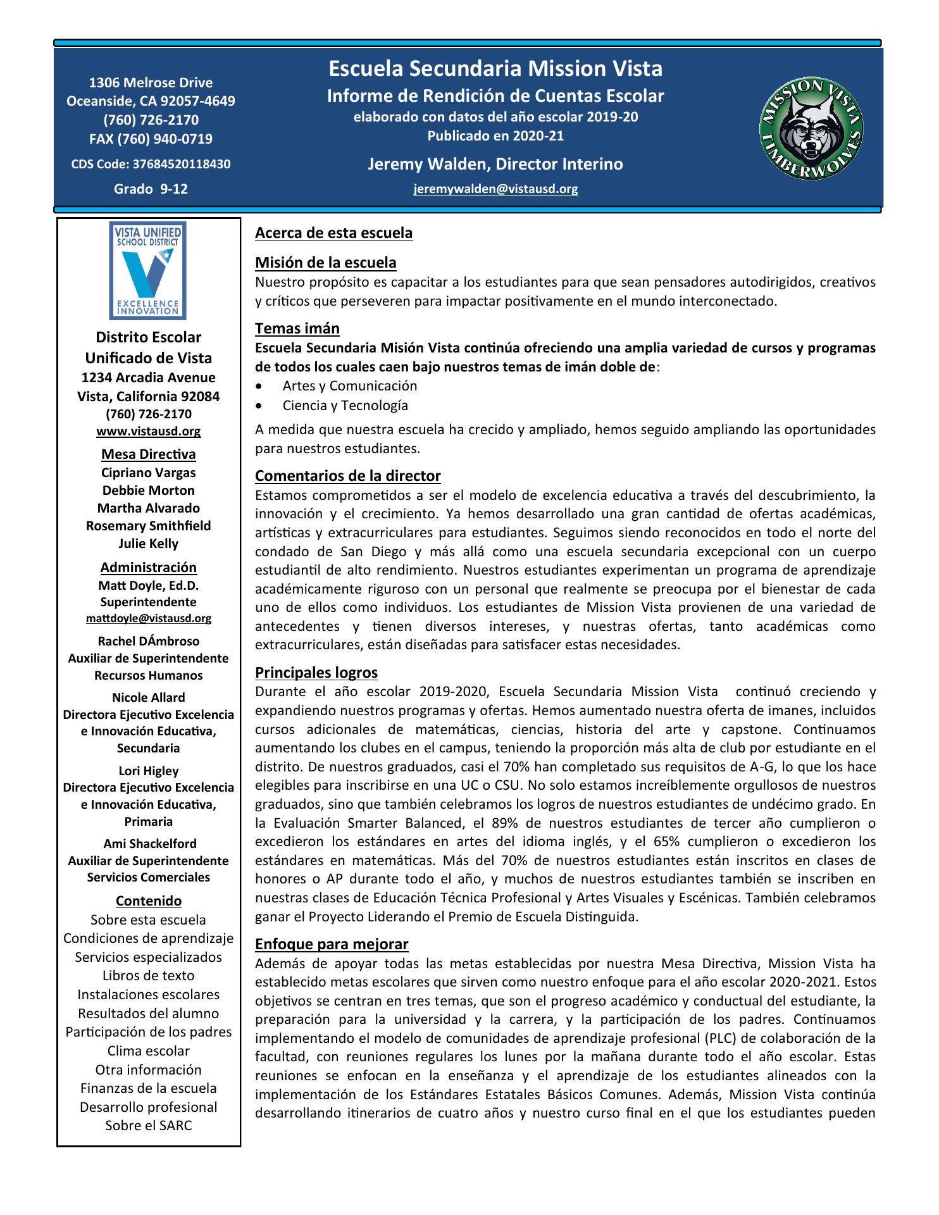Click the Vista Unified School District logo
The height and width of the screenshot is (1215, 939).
click(148, 270)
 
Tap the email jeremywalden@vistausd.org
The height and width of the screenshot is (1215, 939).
click(495, 189)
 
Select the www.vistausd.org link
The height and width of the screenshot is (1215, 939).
click(148, 432)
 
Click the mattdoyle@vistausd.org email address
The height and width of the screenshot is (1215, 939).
click(148, 618)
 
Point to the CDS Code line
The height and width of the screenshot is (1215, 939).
click(151, 165)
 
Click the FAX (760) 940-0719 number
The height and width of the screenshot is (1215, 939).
click(151, 139)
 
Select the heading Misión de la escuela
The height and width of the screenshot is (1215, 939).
click(325, 263)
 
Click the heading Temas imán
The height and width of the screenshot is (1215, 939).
click(297, 328)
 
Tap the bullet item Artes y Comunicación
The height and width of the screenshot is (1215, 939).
click(349, 386)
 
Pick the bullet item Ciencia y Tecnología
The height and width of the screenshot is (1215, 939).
click(345, 406)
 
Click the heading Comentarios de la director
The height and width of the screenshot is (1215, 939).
click(347, 476)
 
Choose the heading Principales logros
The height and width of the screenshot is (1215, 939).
click(316, 673)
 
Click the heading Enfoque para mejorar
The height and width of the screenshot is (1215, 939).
click(332, 945)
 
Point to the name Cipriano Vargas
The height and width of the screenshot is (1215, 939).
click(148, 473)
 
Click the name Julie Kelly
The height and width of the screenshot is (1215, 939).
click(148, 544)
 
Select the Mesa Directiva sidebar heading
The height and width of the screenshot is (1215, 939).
click(148, 454)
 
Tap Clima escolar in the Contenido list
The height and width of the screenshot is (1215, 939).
click(148, 1051)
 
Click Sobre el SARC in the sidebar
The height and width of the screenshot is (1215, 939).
click(148, 1126)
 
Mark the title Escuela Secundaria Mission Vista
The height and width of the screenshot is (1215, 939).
click(495, 68)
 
